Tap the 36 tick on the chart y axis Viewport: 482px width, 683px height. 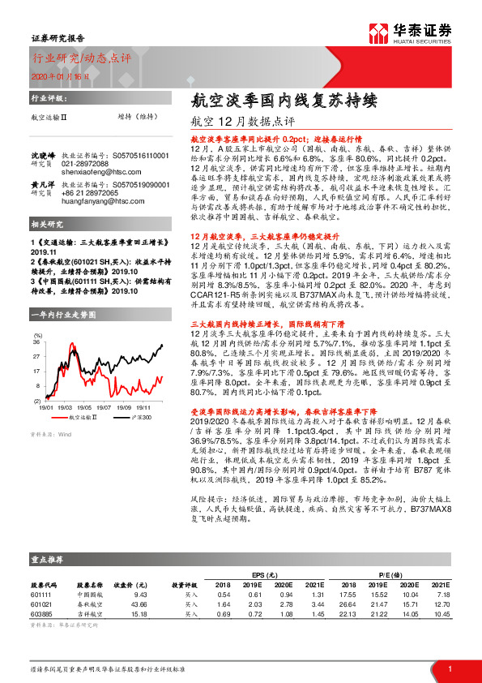(37, 342)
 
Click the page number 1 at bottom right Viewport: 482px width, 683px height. (449, 668)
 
